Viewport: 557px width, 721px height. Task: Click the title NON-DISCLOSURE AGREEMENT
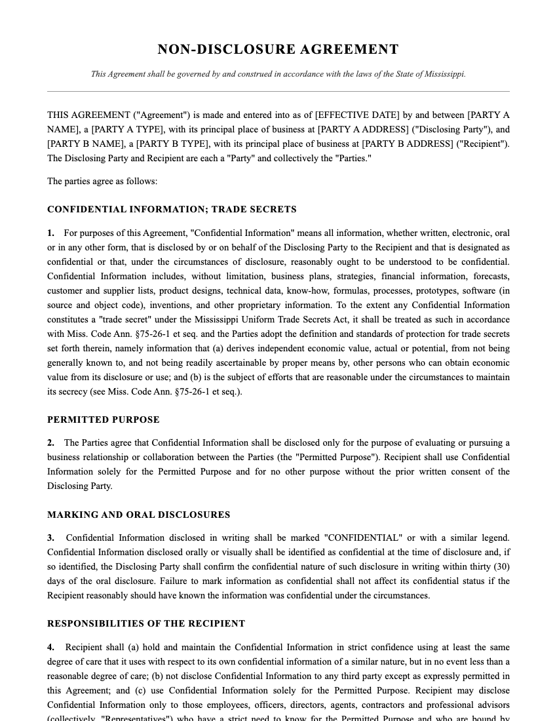(x=278, y=50)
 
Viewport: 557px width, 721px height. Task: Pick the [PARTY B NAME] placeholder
(x=82, y=144)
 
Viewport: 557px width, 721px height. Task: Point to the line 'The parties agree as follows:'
(x=102, y=182)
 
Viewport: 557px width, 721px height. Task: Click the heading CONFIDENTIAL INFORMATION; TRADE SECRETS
(x=172, y=210)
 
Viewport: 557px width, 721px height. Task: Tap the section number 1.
(x=50, y=233)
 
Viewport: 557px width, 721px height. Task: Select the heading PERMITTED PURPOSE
(x=104, y=420)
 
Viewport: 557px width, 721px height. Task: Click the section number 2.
(x=50, y=443)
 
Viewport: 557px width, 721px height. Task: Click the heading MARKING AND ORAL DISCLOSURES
(x=138, y=515)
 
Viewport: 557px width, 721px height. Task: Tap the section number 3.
(x=50, y=538)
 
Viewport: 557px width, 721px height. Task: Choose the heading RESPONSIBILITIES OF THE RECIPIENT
(x=146, y=624)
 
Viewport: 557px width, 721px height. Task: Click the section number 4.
(x=50, y=648)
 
